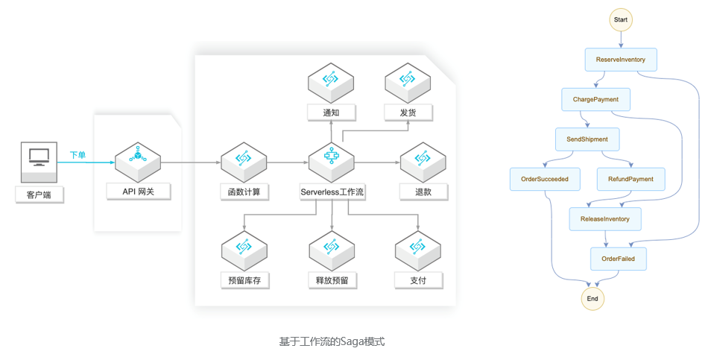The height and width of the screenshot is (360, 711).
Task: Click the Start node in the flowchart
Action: click(x=621, y=19)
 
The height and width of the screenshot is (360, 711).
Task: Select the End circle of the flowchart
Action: click(x=592, y=298)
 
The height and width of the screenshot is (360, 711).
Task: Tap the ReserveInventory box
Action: click(x=621, y=60)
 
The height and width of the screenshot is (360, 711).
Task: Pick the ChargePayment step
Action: click(x=595, y=99)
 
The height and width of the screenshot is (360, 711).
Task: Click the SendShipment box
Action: click(x=587, y=139)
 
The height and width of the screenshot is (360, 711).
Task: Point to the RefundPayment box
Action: click(x=631, y=179)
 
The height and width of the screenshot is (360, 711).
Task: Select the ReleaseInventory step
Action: click(x=604, y=219)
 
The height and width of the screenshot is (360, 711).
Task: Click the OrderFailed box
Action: click(x=618, y=259)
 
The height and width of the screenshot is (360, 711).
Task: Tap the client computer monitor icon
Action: click(x=39, y=157)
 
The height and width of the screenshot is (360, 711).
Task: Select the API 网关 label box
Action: click(x=139, y=192)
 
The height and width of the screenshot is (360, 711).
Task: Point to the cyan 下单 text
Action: click(x=78, y=155)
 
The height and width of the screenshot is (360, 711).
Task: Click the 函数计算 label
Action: click(x=244, y=192)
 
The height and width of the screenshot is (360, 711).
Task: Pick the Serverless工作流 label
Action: click(x=332, y=192)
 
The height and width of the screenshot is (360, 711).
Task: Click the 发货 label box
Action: click(x=408, y=112)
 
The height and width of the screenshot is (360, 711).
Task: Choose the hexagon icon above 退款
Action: click(x=423, y=159)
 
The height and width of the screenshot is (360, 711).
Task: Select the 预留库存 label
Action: click(x=244, y=280)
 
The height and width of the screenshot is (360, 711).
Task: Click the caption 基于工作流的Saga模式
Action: click(x=332, y=341)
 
